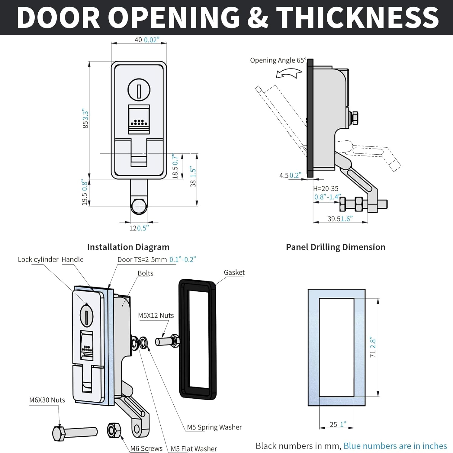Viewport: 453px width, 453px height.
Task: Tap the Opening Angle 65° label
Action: [x=278, y=60]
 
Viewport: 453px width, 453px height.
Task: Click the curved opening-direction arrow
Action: [x=289, y=73]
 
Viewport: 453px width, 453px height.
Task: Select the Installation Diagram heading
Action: [x=128, y=247]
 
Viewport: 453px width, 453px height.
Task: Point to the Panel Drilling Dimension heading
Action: [x=336, y=247]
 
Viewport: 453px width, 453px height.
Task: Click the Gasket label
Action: [x=234, y=272]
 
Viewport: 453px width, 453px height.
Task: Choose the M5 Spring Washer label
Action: [x=214, y=427]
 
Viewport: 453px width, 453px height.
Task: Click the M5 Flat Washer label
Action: [x=194, y=449]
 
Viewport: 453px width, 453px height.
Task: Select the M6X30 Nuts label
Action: [x=47, y=400]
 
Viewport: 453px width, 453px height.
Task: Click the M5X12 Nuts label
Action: [x=156, y=316]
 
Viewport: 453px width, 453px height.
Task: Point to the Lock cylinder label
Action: [x=38, y=259]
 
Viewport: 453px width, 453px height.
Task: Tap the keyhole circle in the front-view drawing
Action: [x=139, y=90]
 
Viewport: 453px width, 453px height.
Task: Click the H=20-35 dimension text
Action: [x=326, y=189]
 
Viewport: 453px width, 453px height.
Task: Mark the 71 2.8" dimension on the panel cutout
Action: [x=373, y=347]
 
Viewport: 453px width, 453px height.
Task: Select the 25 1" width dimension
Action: [x=338, y=424]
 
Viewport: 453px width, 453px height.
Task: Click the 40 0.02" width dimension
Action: [x=147, y=40]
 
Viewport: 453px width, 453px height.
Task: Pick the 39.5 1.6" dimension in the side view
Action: [x=340, y=219]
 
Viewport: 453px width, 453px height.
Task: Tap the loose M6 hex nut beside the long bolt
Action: [x=114, y=430]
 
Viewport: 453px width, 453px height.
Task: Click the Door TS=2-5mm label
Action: [x=156, y=259]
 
